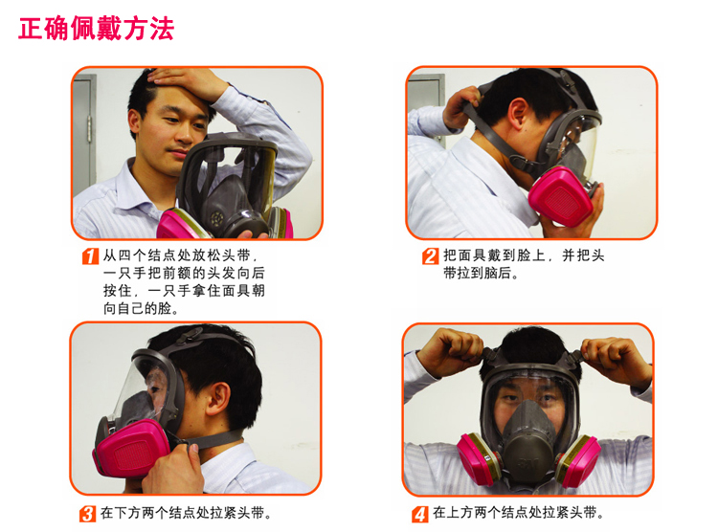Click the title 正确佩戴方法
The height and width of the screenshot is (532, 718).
click(x=96, y=29)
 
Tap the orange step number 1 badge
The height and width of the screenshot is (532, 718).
click(x=90, y=256)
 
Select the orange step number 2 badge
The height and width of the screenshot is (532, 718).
click(x=430, y=256)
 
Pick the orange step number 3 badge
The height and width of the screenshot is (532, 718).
click(x=87, y=514)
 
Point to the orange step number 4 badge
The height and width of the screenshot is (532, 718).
click(x=420, y=514)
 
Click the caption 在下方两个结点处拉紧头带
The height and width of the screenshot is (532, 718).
click(x=186, y=513)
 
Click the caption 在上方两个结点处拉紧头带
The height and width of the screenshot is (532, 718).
click(x=518, y=512)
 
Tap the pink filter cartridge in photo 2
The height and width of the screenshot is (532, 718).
click(x=560, y=196)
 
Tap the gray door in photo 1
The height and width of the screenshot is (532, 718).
click(x=84, y=133)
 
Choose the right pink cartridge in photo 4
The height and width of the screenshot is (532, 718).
click(x=578, y=459)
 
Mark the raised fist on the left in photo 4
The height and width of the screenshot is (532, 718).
click(x=451, y=351)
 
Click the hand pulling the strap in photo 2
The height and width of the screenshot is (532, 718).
click(x=460, y=107)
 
